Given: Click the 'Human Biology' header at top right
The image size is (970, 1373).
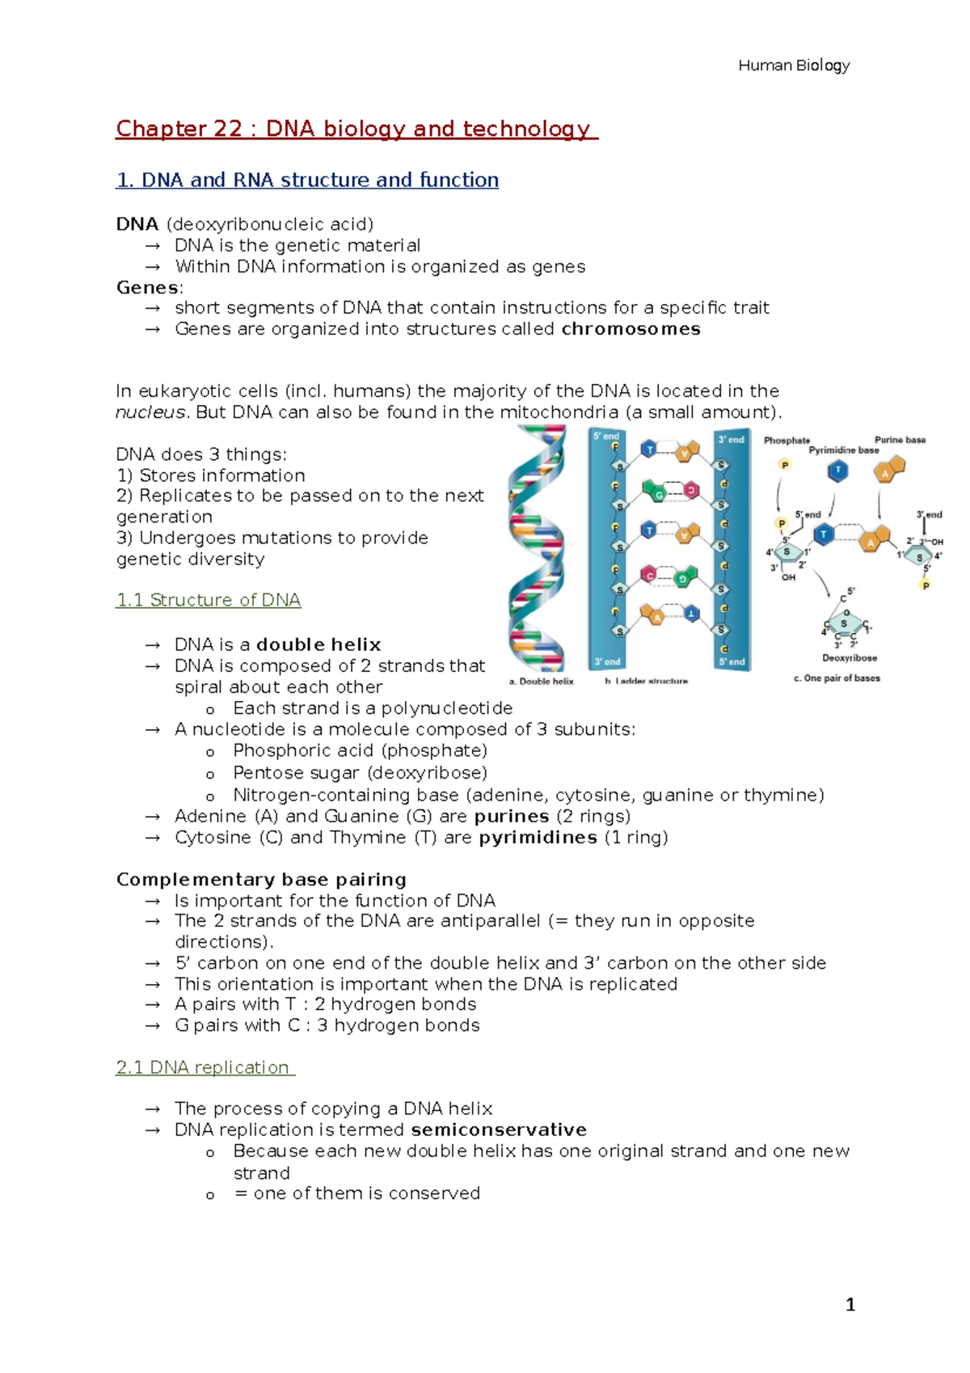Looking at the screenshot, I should click(x=793, y=65).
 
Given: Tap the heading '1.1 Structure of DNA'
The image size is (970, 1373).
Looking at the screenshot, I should click(x=209, y=600).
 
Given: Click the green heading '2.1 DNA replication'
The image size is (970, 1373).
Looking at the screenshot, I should click(x=205, y=1067).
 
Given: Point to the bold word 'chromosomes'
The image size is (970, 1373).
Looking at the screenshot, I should click(x=630, y=329).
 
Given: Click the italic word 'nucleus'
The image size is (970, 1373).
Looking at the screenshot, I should click(x=150, y=412).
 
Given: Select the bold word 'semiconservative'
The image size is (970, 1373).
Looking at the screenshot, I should click(x=499, y=1130).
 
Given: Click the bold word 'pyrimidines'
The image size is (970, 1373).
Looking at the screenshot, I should click(x=538, y=838).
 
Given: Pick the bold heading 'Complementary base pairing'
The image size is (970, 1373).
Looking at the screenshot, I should click(x=261, y=880).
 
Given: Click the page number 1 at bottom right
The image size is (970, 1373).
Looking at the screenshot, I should click(x=850, y=1304).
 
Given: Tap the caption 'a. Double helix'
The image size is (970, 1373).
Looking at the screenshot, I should click(x=542, y=682).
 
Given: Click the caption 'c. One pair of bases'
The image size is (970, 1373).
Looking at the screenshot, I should click(x=837, y=678).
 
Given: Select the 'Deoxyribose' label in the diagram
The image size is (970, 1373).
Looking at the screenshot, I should click(x=850, y=658).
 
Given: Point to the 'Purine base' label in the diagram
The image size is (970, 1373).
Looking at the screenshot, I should click(x=900, y=440).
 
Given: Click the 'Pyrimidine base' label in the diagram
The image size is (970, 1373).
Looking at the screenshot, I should click(x=843, y=450).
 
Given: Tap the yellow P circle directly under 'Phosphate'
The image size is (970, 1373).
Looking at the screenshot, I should click(x=784, y=465).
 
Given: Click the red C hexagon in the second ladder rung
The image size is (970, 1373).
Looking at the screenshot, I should click(x=691, y=490).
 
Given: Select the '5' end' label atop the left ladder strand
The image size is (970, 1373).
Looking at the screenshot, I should click(x=606, y=436).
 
